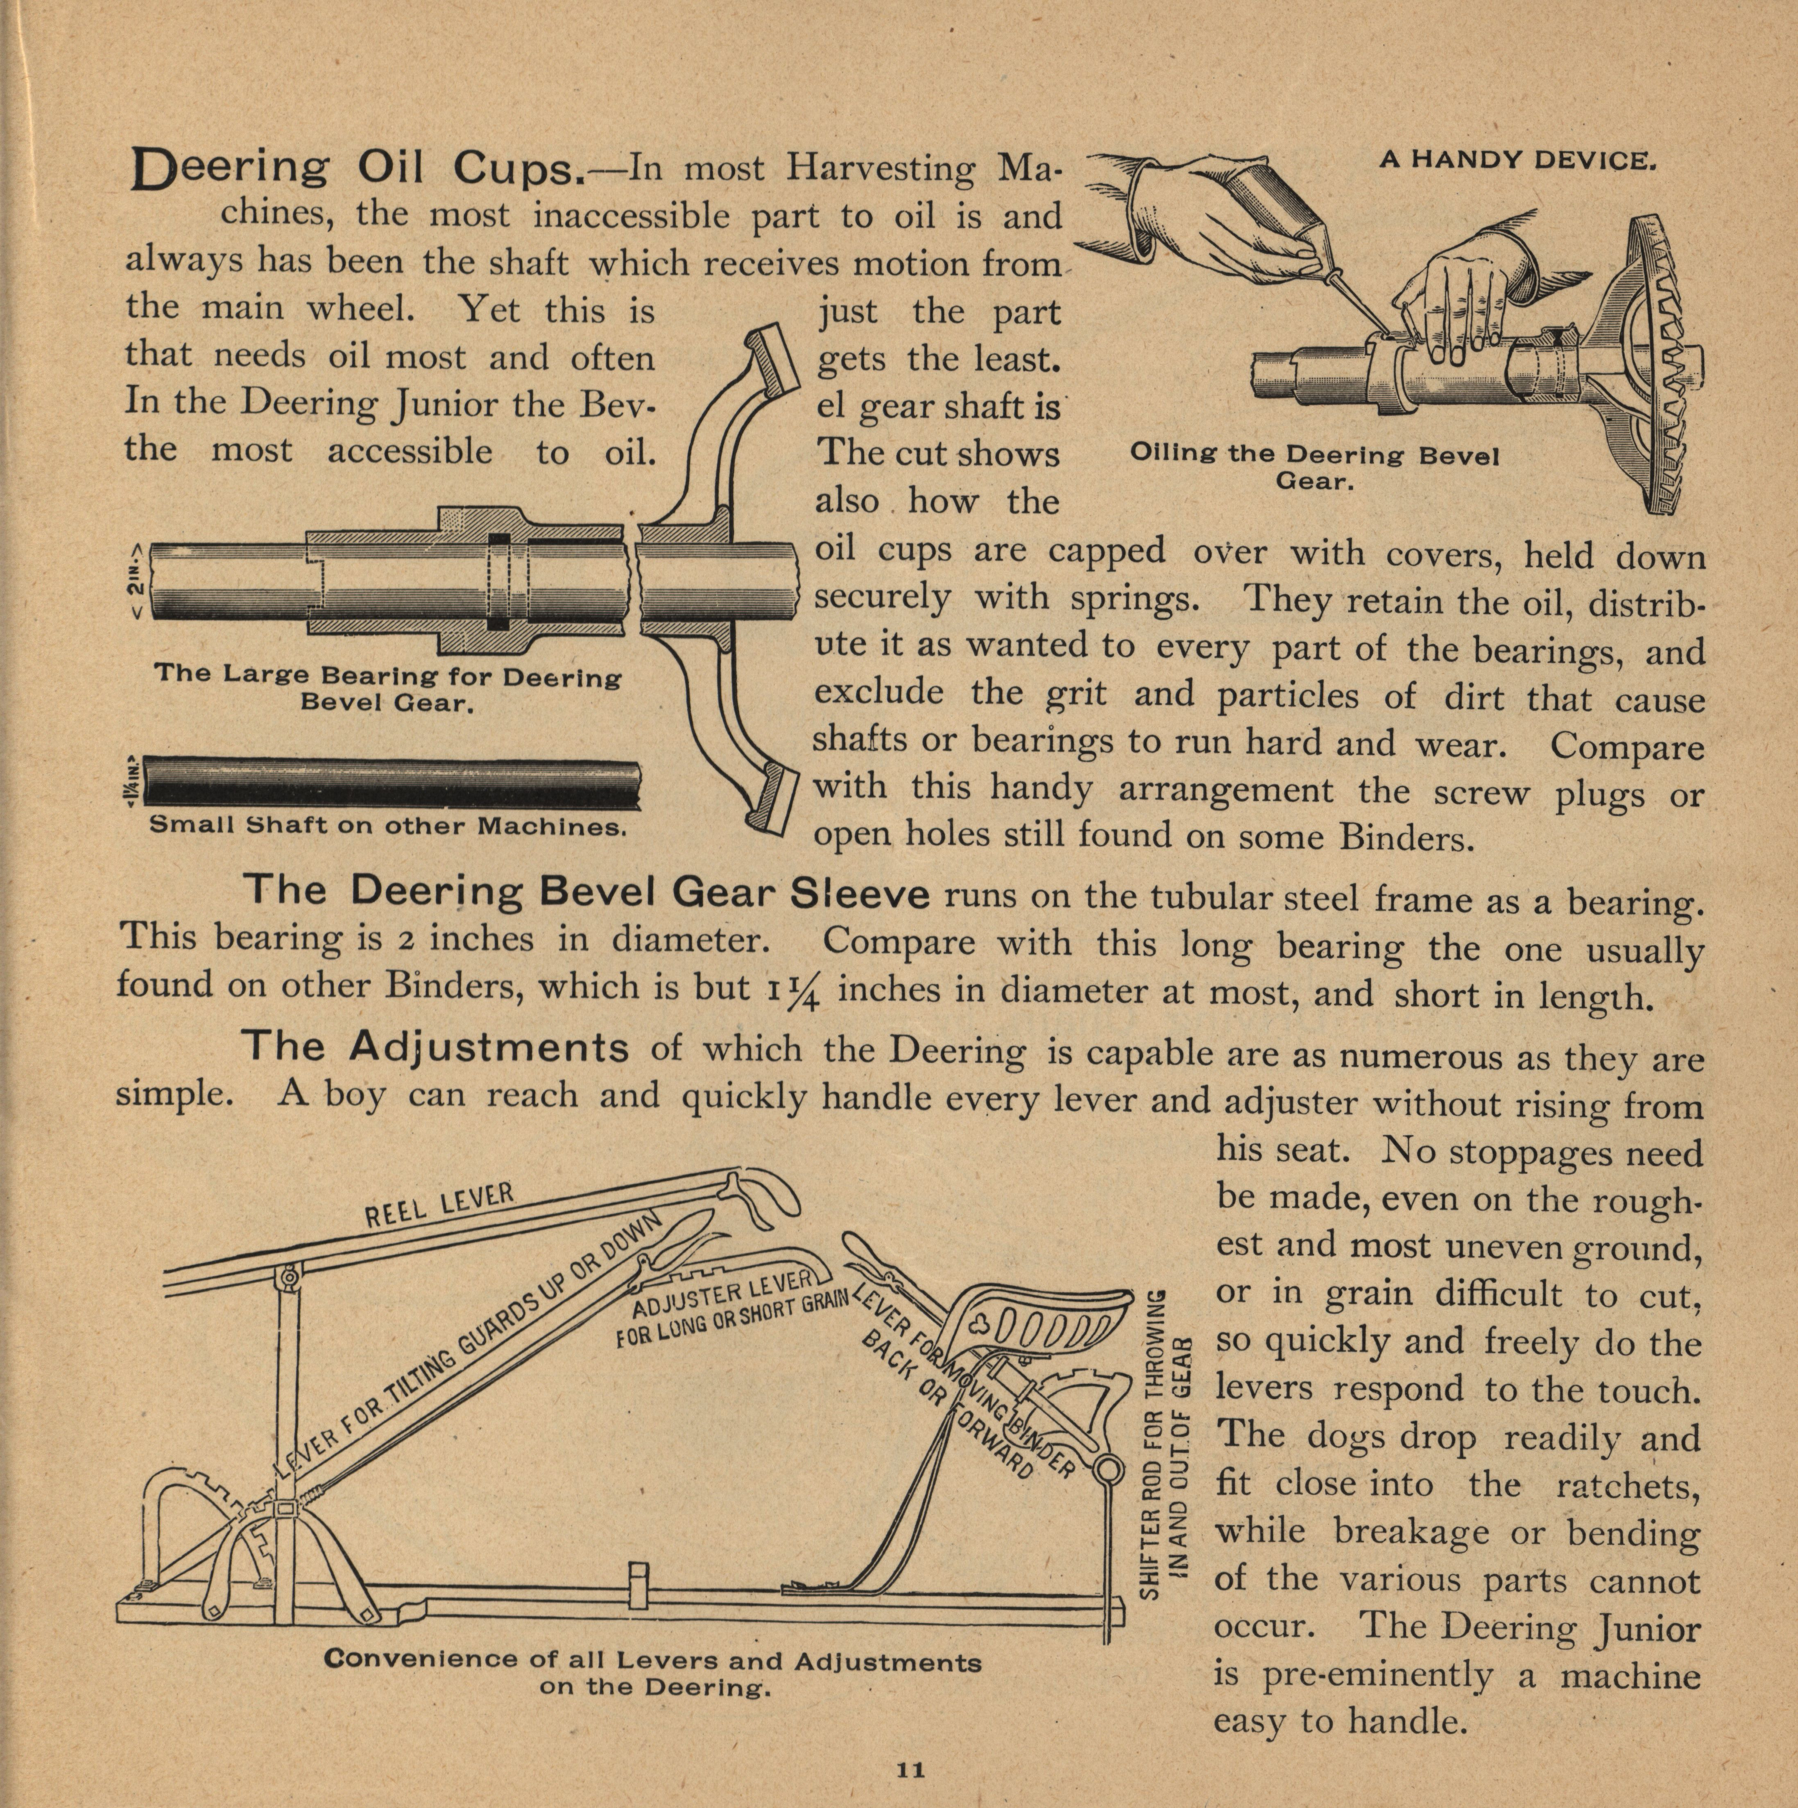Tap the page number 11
910,1769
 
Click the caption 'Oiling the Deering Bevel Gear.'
1314,468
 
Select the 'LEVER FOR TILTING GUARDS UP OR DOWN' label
468,1347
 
